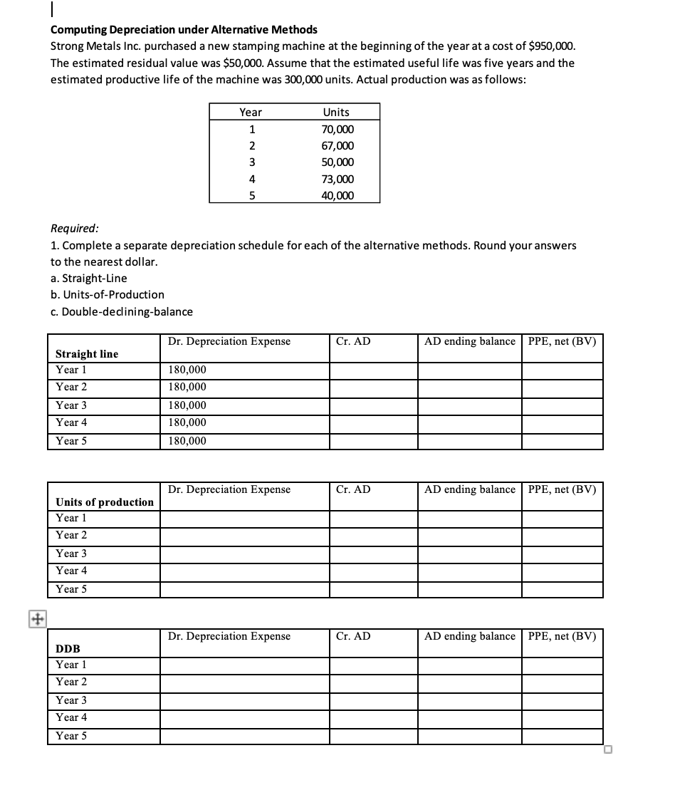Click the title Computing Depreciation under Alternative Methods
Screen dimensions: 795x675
pos(184,30)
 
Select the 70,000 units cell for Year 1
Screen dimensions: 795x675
pos(337,129)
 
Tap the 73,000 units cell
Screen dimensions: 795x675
pos(337,180)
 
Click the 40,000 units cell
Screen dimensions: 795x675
pos(337,196)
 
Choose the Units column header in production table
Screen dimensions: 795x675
pos(336,112)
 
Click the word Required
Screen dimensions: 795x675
pos(75,229)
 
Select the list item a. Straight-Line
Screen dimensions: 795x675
pos(89,278)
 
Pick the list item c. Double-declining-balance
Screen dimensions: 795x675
pos(122,311)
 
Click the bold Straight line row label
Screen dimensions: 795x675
pos(87,354)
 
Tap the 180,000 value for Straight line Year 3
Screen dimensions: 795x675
pos(187,405)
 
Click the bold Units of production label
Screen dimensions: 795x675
pos(105,502)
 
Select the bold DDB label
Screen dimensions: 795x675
pos(68,649)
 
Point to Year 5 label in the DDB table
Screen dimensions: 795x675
pos(71,736)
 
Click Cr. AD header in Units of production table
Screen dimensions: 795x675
pos(353,489)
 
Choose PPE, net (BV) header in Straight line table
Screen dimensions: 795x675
pos(562,341)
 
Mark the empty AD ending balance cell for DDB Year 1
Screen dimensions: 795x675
pos(469,665)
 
